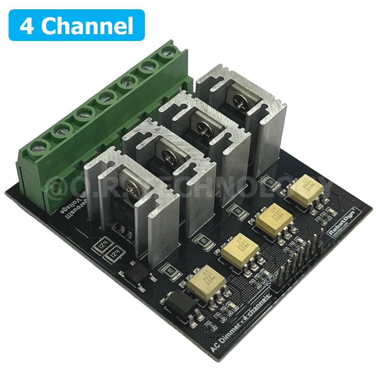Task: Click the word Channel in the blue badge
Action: (89, 26)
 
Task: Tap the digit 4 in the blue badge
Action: (27, 26)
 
